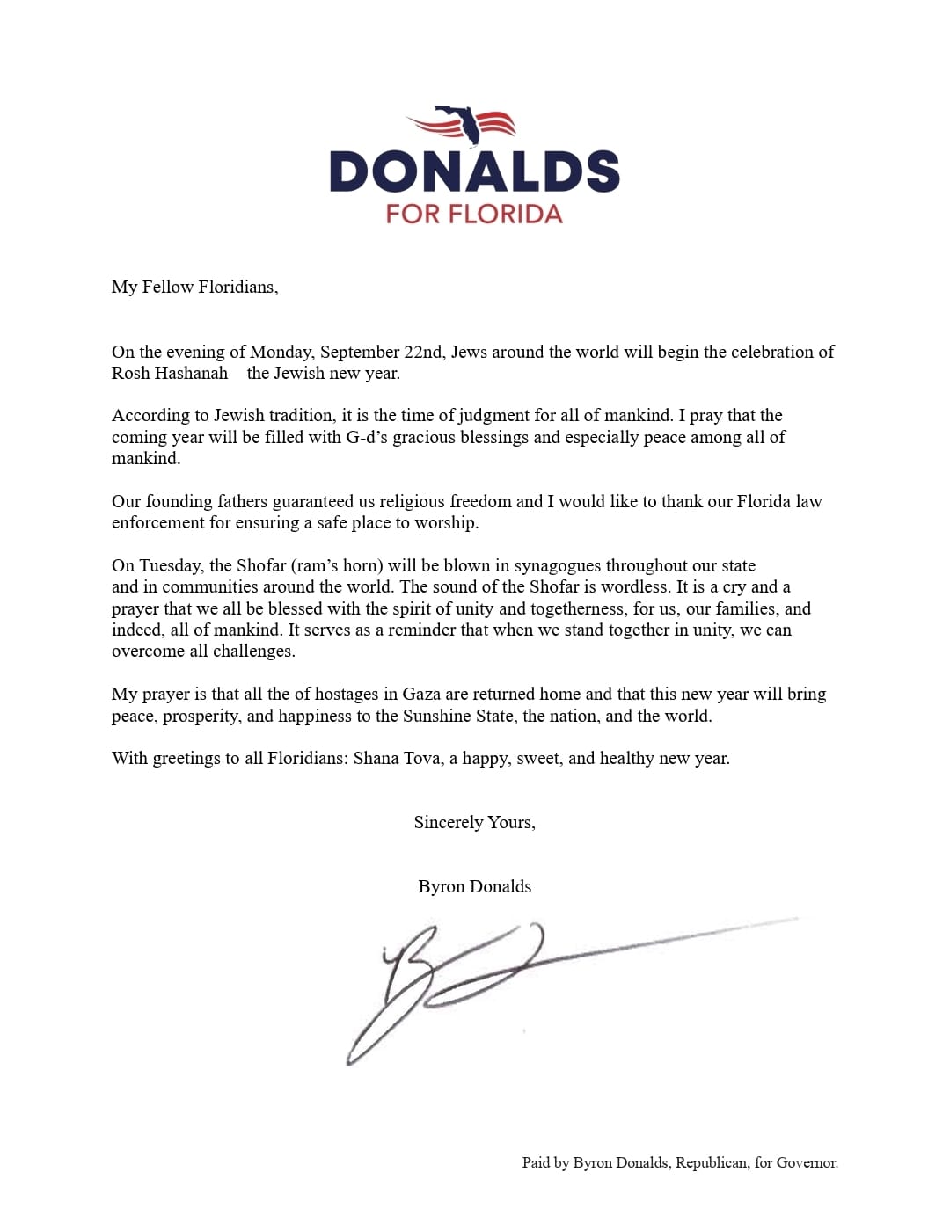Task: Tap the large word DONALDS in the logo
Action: pos(474,171)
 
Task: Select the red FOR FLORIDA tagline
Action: pos(474,215)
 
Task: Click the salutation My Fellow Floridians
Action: pos(194,287)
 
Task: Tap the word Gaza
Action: pos(421,694)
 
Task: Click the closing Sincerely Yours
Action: pos(474,822)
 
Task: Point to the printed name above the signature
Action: pos(474,886)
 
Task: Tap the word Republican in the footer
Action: pos(712,1162)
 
